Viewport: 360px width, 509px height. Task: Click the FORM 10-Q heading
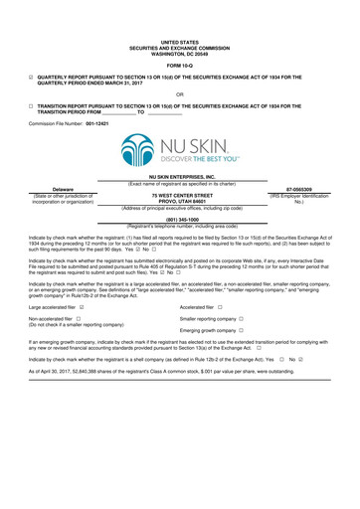pos(179,65)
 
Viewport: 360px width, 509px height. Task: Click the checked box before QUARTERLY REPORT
pos(31,77)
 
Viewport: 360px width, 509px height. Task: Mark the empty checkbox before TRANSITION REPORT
pos(31,105)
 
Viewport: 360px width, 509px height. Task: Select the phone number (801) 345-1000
pos(179,220)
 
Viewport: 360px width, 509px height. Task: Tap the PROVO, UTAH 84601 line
pos(179,200)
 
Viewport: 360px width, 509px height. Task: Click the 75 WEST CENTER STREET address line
pos(179,194)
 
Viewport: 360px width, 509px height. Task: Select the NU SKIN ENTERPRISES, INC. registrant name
pos(179,175)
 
